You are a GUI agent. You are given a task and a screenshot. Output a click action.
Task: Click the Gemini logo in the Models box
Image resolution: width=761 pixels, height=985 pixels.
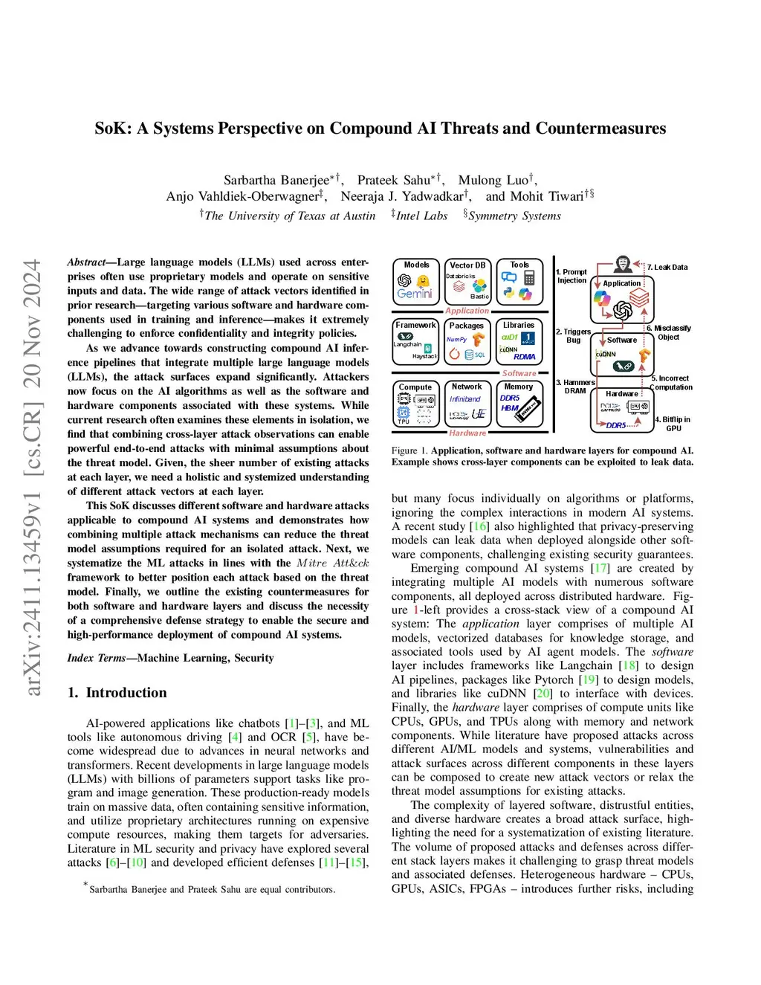pyautogui.click(x=414, y=294)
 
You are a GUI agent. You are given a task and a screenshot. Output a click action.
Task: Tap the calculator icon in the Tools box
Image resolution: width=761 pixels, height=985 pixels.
pyautogui.click(x=530, y=277)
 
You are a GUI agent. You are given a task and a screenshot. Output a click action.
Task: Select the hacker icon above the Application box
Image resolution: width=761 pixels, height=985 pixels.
pyautogui.click(x=623, y=264)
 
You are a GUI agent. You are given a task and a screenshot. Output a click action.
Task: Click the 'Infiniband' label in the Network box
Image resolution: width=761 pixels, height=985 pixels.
pyautogui.click(x=465, y=399)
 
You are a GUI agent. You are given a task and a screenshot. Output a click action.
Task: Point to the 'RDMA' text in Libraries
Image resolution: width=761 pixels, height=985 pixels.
pyautogui.click(x=524, y=357)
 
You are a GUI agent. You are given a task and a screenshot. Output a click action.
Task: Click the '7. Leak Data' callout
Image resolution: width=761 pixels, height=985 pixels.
pyautogui.click(x=667, y=267)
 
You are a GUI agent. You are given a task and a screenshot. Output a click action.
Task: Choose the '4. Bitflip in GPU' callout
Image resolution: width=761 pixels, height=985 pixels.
pyautogui.click(x=673, y=424)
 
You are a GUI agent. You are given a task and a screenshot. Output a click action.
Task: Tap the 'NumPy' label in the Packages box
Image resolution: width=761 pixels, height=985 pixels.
pyautogui.click(x=456, y=340)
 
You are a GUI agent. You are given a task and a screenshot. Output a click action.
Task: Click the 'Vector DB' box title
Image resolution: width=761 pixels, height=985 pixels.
pyautogui.click(x=467, y=265)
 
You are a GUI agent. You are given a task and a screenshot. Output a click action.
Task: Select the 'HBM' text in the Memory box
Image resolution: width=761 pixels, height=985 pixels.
pyautogui.click(x=509, y=408)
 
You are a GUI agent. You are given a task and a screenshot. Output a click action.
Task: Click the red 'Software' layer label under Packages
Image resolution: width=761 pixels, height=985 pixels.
pyautogui.click(x=519, y=373)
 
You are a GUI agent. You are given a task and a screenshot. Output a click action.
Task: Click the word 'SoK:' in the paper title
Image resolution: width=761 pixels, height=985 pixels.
pyautogui.click(x=113, y=129)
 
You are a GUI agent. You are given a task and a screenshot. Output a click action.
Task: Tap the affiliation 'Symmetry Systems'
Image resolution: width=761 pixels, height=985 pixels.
pyautogui.click(x=514, y=216)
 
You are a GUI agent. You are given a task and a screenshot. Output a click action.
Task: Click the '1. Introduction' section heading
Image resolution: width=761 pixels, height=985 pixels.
pyautogui.click(x=117, y=693)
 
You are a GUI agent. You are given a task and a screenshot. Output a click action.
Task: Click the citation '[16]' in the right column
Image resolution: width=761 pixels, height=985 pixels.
pyautogui.click(x=480, y=526)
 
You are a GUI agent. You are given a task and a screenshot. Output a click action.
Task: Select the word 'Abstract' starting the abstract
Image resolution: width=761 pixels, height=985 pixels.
pyautogui.click(x=86, y=262)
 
